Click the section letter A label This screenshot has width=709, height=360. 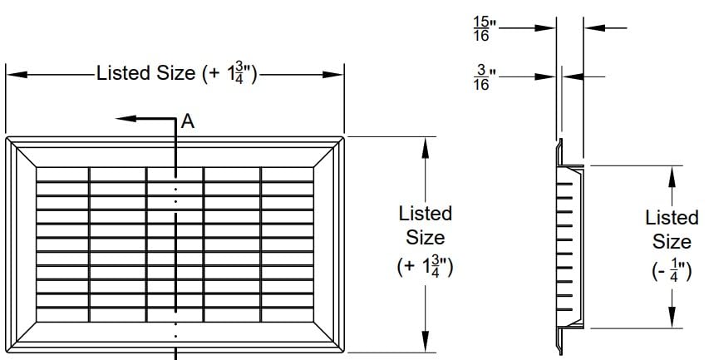(x=188, y=121)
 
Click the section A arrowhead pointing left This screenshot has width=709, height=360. (x=126, y=119)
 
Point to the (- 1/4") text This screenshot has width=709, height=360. (x=672, y=271)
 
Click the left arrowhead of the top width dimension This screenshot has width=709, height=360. (x=17, y=75)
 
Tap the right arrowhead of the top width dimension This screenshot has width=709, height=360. (x=332, y=75)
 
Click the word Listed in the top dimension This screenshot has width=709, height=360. (x=123, y=73)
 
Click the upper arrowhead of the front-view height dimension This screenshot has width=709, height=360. (x=425, y=148)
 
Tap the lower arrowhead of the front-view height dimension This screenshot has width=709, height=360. (x=425, y=342)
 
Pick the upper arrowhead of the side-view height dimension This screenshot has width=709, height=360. (x=672, y=177)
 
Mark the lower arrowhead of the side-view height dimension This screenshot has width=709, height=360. (x=672, y=317)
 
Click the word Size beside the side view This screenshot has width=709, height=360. (x=672, y=242)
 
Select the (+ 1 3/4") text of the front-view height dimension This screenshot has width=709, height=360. (x=425, y=266)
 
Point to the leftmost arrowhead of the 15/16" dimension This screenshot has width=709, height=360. (x=545, y=28)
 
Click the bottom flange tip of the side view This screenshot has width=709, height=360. (x=561, y=353)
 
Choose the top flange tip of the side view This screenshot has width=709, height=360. (x=561, y=141)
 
